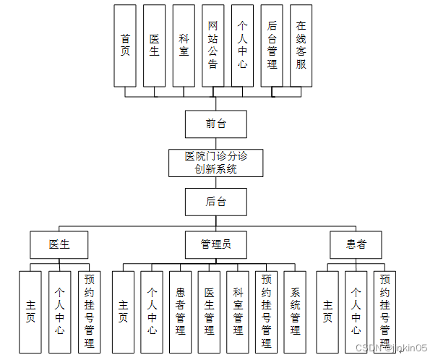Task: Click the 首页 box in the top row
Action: [x=125, y=46]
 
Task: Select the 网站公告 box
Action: [x=213, y=46]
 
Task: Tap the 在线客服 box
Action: [x=301, y=46]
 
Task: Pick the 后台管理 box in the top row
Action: [x=272, y=46]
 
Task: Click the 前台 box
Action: [x=215, y=124]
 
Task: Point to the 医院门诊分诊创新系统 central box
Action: [x=215, y=163]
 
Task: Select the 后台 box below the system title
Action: [x=215, y=202]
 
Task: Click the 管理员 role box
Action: [x=215, y=244]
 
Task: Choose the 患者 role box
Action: [x=356, y=244]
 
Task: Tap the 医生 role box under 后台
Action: [x=59, y=244]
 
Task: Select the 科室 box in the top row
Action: [x=184, y=46]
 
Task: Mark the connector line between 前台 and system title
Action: [x=215, y=143]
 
